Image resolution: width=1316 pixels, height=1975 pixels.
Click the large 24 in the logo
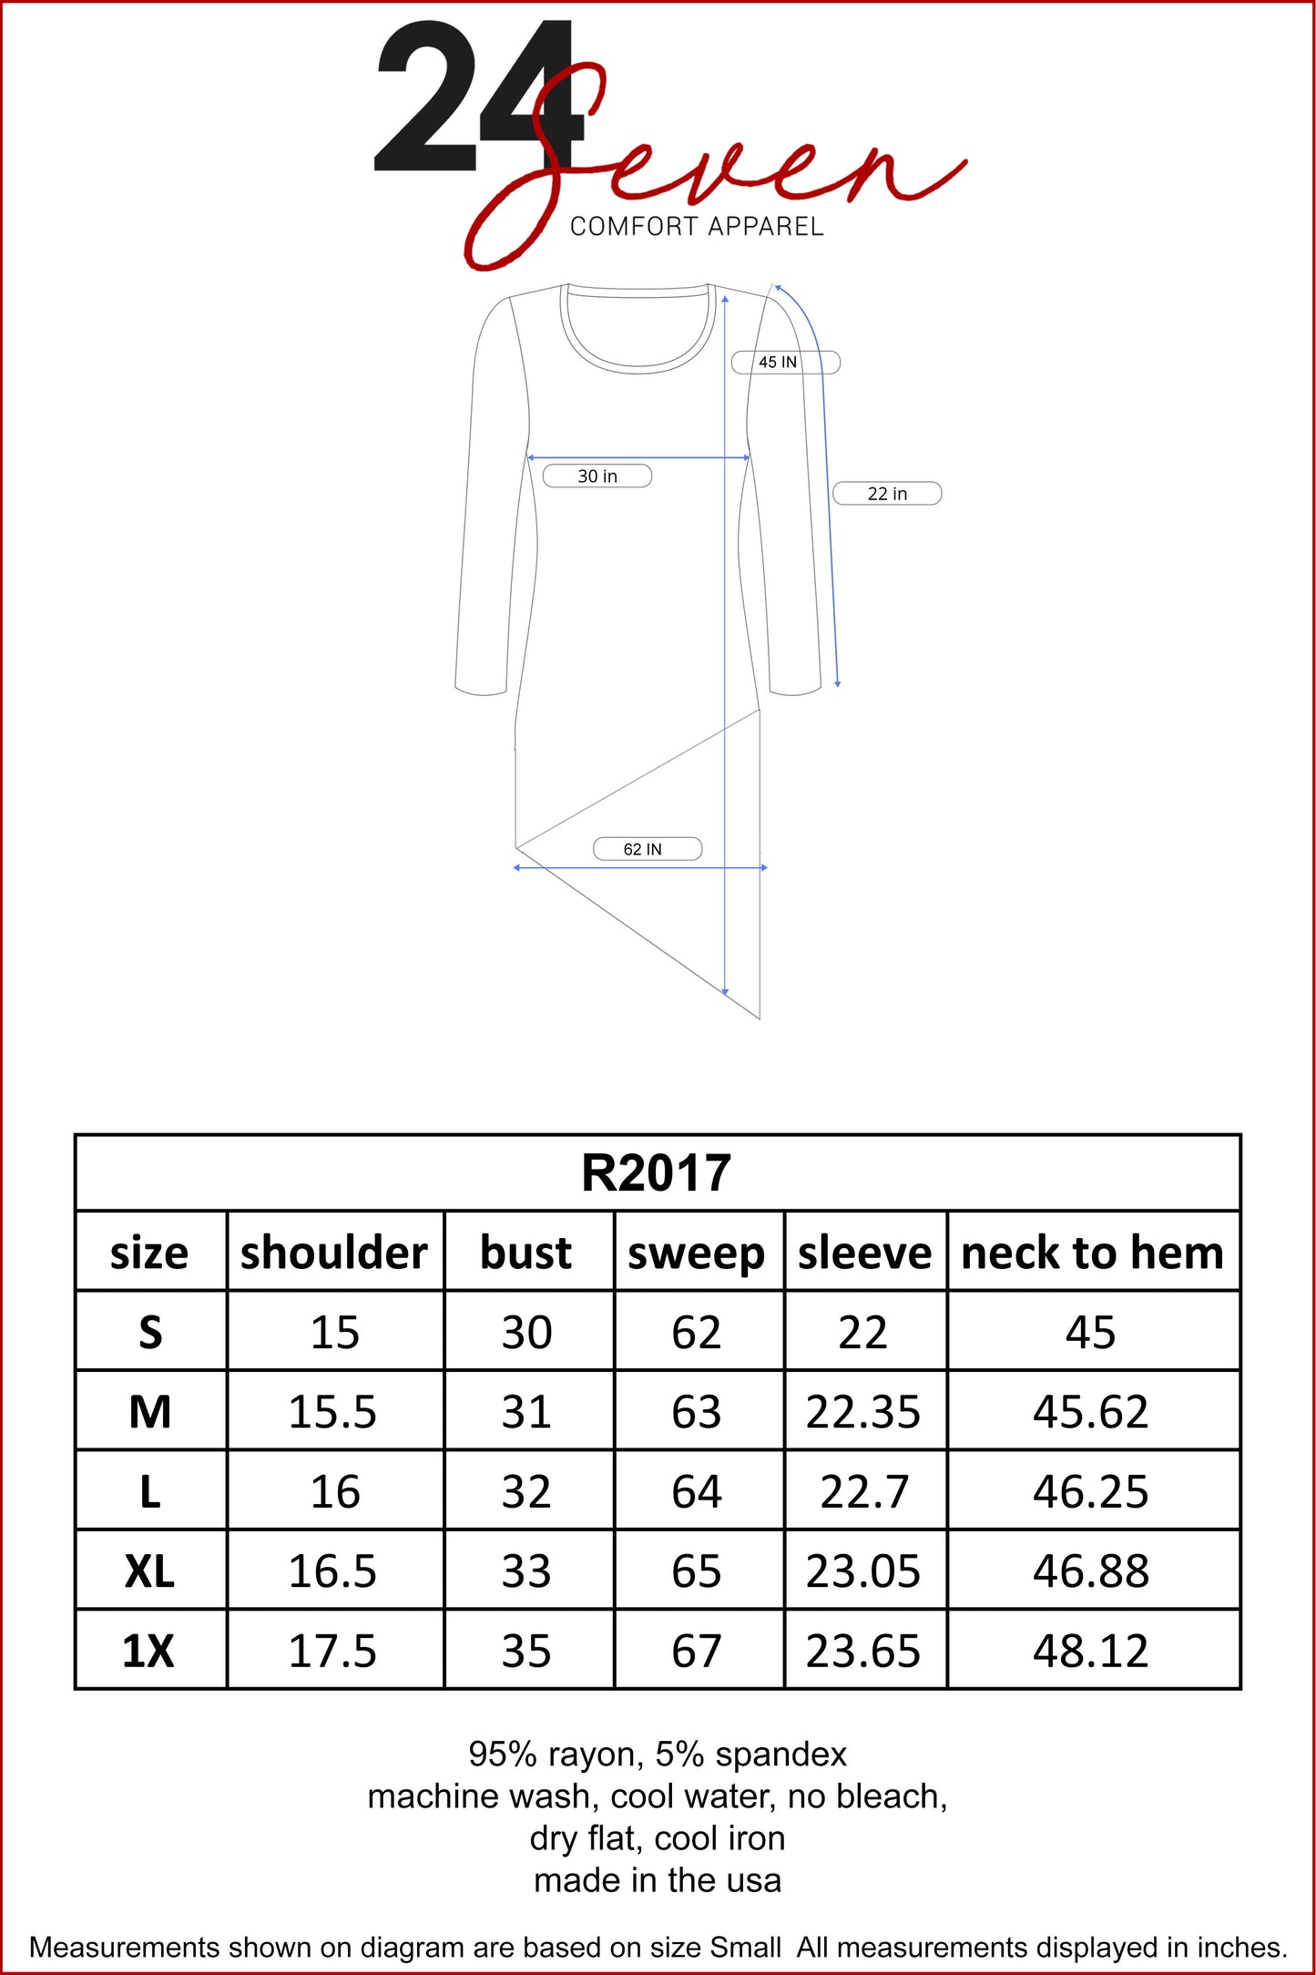click(474, 98)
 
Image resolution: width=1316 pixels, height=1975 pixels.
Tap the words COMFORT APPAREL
click(697, 227)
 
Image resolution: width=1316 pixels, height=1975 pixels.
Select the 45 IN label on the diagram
click(778, 363)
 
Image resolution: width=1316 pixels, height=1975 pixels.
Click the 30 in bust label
click(597, 476)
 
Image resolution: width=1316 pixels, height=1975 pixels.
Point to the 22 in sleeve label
click(887, 494)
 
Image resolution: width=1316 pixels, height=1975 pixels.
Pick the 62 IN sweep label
click(643, 849)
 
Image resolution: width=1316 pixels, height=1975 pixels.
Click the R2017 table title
click(657, 1173)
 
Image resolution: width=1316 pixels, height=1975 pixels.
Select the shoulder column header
click(334, 1253)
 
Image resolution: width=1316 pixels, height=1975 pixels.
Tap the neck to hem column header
click(1092, 1253)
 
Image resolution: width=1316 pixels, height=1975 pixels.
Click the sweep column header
click(697, 1254)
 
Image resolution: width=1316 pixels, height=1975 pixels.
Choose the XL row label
click(150, 1571)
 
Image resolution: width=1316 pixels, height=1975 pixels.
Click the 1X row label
click(148, 1651)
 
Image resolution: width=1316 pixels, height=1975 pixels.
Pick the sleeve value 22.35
click(863, 1412)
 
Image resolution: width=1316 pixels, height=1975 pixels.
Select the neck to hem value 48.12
click(1091, 1651)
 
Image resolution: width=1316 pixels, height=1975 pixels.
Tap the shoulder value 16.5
click(332, 1571)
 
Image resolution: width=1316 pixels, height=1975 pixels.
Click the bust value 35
click(526, 1651)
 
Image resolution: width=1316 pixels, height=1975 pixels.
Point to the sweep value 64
click(697, 1492)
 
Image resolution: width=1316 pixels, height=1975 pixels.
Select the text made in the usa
click(658, 1879)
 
